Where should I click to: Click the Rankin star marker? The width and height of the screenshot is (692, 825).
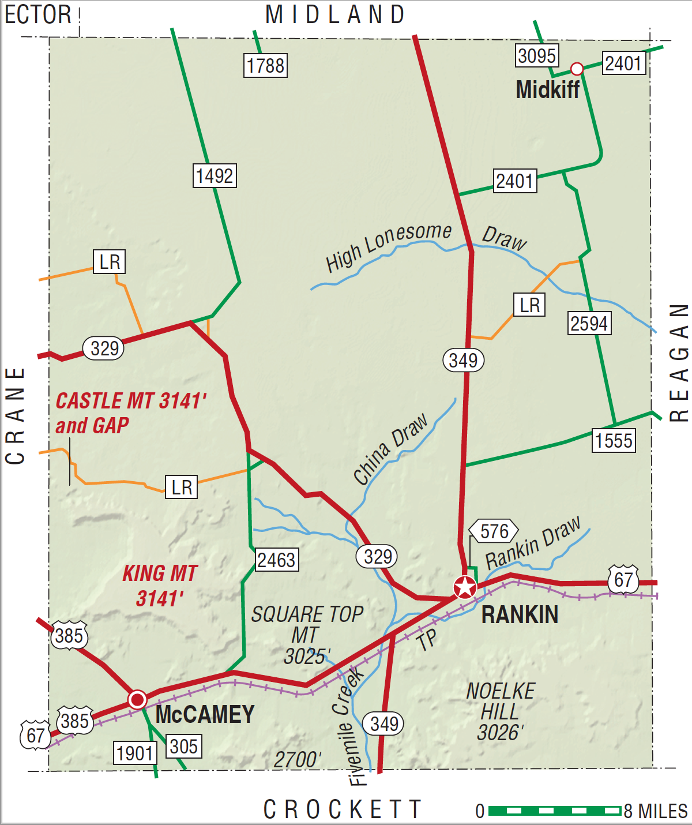[465, 588]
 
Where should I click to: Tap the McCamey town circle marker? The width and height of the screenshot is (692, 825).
[137, 699]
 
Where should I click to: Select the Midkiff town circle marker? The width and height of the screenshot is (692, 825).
[577, 69]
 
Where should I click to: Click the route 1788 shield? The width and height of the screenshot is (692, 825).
[265, 65]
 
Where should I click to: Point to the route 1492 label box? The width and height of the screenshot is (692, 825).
[215, 175]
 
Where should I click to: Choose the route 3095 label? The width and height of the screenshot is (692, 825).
[537, 56]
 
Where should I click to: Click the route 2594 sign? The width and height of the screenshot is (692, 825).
[589, 323]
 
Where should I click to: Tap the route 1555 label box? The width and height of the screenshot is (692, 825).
[614, 441]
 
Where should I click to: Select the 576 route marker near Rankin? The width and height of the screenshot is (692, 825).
[494, 531]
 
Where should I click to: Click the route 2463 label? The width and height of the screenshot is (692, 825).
[276, 560]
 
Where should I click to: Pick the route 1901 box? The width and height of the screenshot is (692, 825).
[135, 753]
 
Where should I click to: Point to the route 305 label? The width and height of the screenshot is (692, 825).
[184, 746]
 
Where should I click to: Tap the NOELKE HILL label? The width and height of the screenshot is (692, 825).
[501, 711]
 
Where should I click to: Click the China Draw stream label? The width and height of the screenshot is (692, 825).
[390, 449]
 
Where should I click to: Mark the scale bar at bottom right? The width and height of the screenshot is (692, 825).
[555, 811]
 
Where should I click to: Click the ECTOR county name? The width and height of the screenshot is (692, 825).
[38, 14]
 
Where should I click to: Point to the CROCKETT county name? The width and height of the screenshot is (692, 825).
[343, 809]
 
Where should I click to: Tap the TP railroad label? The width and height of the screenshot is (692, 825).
[427, 640]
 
